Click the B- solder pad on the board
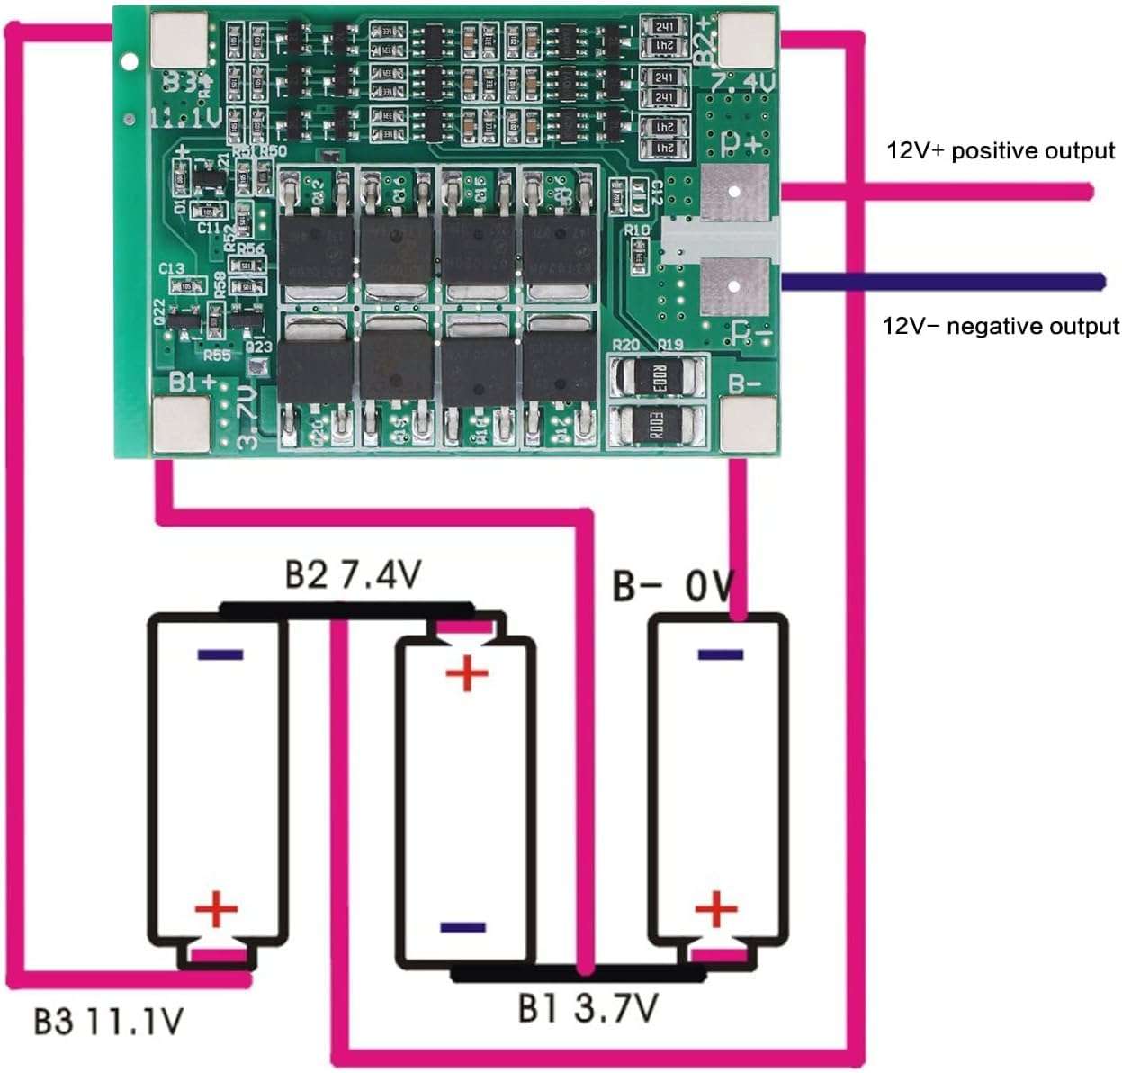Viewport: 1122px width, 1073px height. pos(747,424)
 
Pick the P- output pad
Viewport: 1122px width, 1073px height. pos(735,285)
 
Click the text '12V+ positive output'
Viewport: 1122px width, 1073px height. pos(1001,150)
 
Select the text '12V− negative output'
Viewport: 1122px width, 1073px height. pos(1001,326)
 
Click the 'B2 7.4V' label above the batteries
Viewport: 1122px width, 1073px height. pos(353,574)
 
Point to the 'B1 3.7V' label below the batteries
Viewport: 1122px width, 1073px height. pos(587,1008)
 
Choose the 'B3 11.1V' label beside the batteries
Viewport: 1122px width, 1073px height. pos(109,1022)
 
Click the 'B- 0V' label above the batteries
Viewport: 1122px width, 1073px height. pos(673,586)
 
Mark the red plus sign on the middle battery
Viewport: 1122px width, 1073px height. pos(467,672)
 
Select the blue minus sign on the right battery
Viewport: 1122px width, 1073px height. pos(720,654)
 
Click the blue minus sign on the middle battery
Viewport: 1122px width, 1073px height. pos(463,927)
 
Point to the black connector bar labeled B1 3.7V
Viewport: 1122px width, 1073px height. pos(577,973)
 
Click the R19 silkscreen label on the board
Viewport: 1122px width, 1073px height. pos(670,345)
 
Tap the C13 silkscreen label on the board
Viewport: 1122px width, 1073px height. pos(171,268)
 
